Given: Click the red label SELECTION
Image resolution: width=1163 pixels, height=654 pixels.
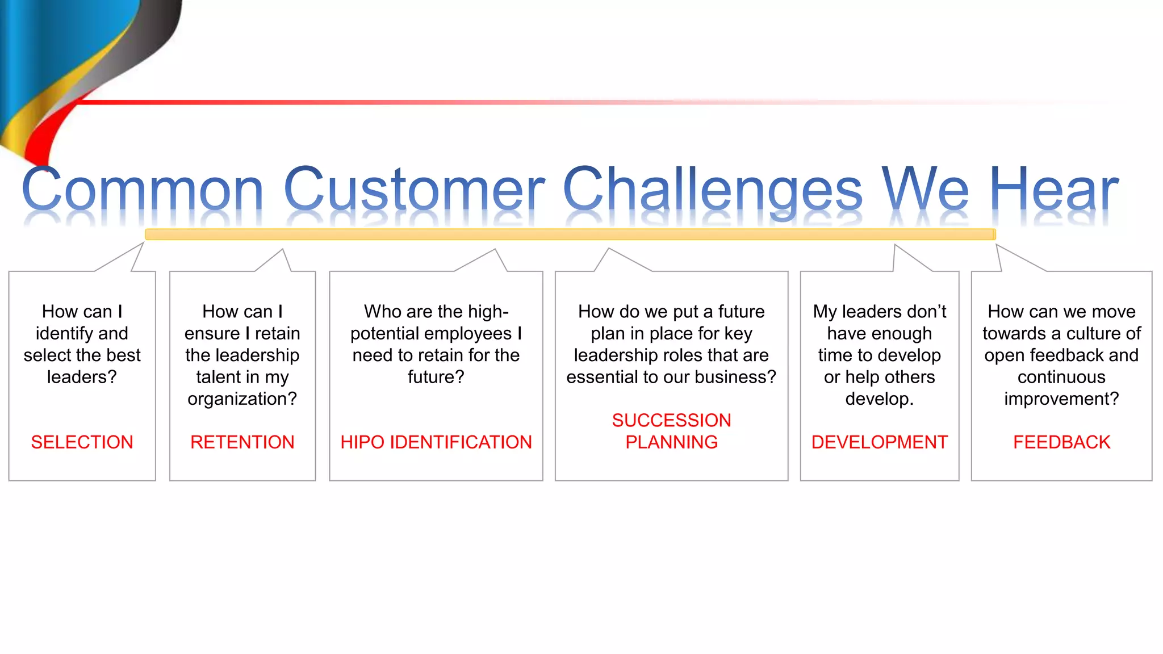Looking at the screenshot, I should [82, 442].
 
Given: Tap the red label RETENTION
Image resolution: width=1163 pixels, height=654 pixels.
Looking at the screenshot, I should [242, 442].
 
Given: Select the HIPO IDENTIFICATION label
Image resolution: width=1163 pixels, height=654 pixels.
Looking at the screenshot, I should [436, 442].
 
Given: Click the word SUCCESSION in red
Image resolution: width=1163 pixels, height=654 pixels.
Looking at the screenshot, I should [671, 421].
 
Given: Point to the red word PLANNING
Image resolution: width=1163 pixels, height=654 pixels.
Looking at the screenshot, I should [671, 442].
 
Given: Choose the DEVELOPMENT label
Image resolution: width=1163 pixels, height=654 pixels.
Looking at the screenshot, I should [879, 442].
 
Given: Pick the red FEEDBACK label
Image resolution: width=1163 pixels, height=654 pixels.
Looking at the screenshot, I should [1061, 442].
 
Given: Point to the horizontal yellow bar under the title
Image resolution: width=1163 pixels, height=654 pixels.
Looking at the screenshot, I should [570, 234].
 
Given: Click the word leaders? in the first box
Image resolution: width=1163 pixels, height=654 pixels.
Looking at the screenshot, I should [82, 377].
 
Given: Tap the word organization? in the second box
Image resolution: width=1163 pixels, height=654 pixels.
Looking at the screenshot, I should [242, 399].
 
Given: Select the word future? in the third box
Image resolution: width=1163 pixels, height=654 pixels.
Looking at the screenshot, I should [436, 377].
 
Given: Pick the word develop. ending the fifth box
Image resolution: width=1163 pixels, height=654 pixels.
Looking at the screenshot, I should [879, 399].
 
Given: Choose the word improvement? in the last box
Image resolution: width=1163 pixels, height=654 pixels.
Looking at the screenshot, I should [1061, 399].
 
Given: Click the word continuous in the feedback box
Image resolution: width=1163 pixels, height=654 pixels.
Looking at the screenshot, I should [1061, 377].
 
